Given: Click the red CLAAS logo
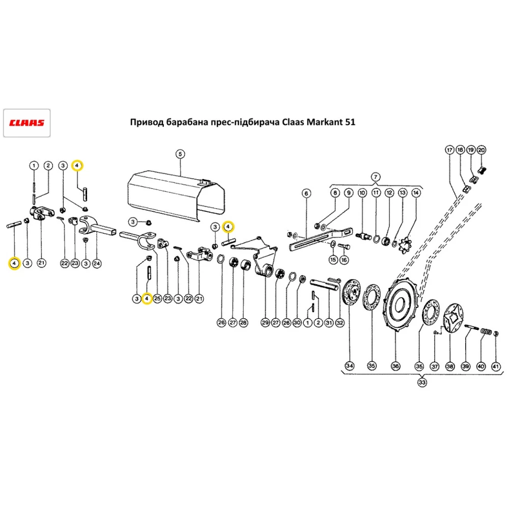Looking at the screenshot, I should tap(26, 123).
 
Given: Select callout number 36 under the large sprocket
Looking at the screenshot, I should tap(395, 365).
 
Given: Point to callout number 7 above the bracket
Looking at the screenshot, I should tap(376, 177).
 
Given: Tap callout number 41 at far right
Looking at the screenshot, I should tap(496, 365).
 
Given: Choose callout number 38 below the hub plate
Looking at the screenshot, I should tap(450, 365).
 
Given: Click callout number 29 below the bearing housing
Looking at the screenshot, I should tap(265, 322).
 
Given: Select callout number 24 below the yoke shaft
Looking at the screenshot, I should tap(97, 263).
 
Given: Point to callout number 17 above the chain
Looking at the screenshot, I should tap(449, 150).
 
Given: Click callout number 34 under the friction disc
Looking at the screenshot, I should tap(350, 365).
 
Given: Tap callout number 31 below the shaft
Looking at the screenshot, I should tap(329, 322).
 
